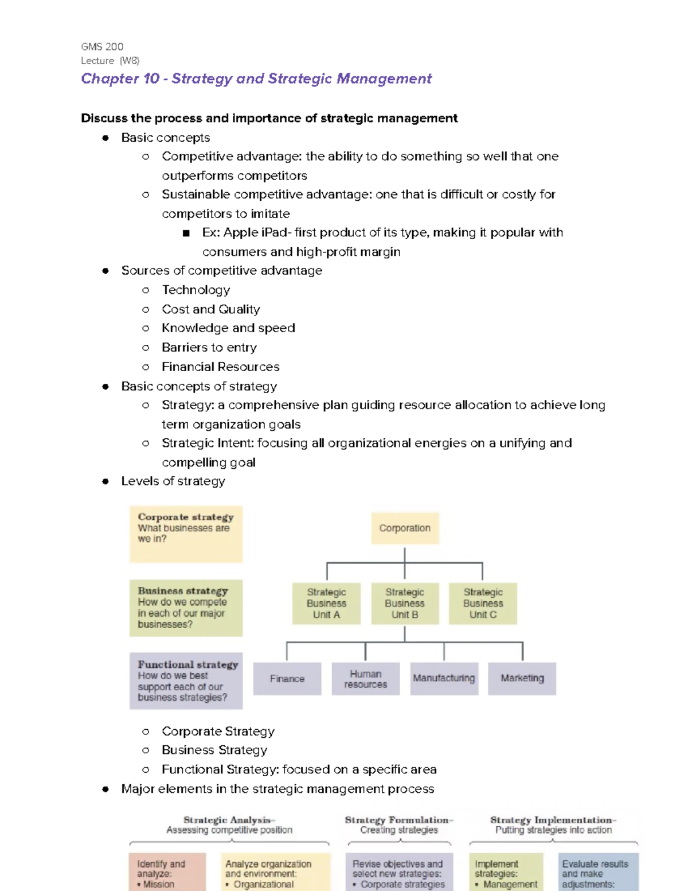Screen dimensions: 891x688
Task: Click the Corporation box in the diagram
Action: (405, 528)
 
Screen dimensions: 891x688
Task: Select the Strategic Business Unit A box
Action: (326, 603)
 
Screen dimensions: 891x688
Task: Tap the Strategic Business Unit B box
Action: (405, 603)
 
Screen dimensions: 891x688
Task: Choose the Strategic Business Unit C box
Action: (483, 603)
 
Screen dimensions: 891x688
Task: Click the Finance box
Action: (287, 679)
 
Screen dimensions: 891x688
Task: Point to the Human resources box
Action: (365, 679)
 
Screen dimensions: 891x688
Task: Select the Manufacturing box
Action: (444, 678)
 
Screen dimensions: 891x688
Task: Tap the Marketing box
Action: (522, 678)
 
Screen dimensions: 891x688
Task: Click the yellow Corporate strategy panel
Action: (186, 534)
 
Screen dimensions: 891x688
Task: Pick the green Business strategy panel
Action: (186, 608)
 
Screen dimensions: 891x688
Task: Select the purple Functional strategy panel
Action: (186, 681)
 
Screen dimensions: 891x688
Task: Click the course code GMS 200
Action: (102, 46)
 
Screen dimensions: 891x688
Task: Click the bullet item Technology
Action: (196, 290)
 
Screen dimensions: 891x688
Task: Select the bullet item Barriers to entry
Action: (209, 347)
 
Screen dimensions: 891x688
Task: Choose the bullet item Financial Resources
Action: (220, 367)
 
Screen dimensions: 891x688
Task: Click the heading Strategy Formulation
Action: (398, 820)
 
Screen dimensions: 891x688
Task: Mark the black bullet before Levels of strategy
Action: (105, 481)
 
